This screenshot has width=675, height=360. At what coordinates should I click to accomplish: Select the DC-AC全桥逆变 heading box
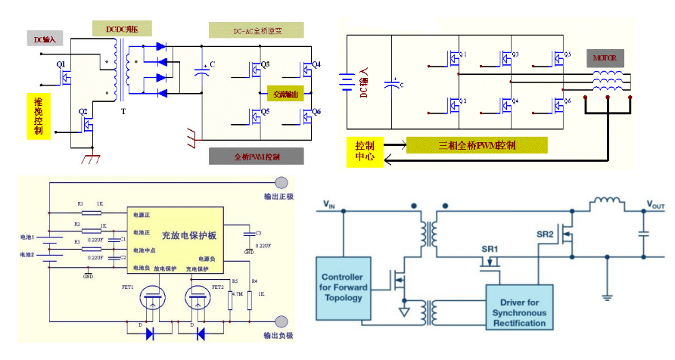click(x=256, y=30)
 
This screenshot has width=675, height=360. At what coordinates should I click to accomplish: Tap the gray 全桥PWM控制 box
click(x=256, y=156)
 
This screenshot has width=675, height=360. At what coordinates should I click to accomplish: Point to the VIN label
click(x=328, y=203)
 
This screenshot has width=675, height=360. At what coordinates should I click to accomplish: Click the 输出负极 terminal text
click(x=277, y=335)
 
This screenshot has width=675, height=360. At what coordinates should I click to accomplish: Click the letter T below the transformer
click(x=123, y=111)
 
